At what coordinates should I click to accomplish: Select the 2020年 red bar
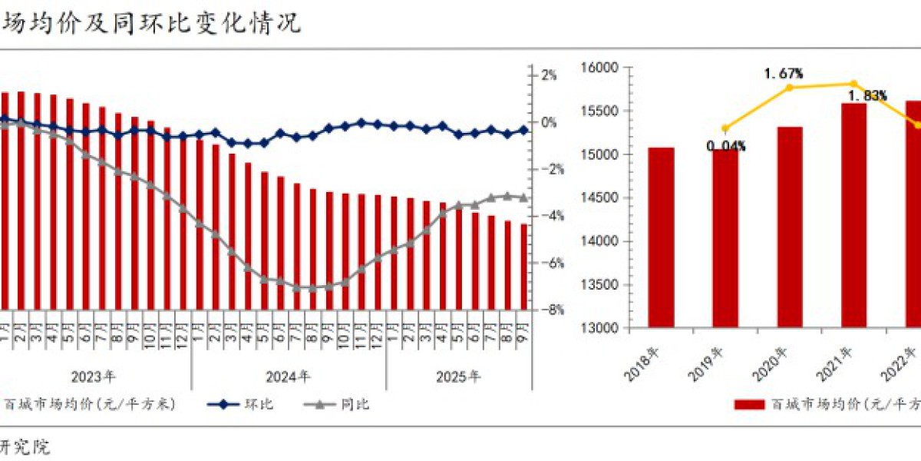pyautogui.click(x=790, y=227)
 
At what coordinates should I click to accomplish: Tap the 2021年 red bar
pyautogui.click(x=854, y=215)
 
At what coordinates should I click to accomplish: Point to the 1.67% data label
pyautogui.click(x=783, y=74)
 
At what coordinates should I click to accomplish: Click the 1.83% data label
pyautogui.click(x=868, y=96)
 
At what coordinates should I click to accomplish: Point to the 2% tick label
pyautogui.click(x=550, y=75)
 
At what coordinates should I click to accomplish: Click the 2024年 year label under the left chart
pyautogui.click(x=289, y=377)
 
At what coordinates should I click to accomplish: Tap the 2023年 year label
pyautogui.click(x=94, y=377)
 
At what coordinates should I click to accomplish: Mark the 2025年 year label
pyautogui.click(x=458, y=377)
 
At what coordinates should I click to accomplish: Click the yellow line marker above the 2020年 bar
pyautogui.click(x=790, y=88)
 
